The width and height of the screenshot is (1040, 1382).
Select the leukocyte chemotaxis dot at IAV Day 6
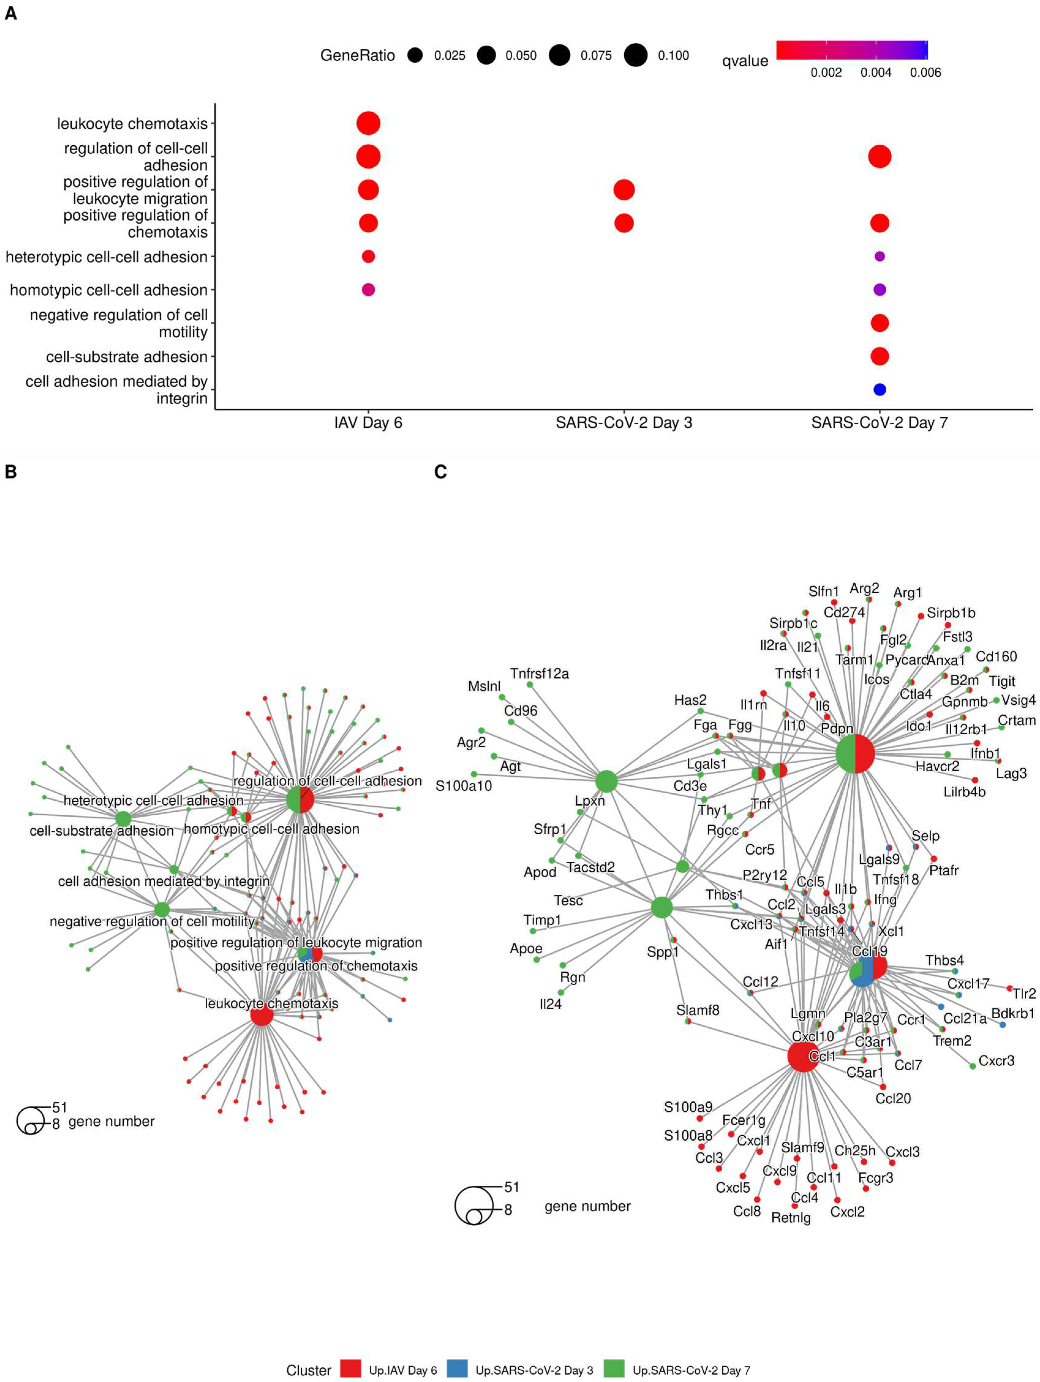[x=368, y=123]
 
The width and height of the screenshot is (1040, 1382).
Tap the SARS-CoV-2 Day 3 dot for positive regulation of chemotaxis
[x=624, y=223]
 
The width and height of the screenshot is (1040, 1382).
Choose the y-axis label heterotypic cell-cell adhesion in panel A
[x=106, y=257]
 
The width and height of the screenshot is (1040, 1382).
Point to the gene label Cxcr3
[x=996, y=1061]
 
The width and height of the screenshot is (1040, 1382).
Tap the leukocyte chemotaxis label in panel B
[x=271, y=1004]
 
